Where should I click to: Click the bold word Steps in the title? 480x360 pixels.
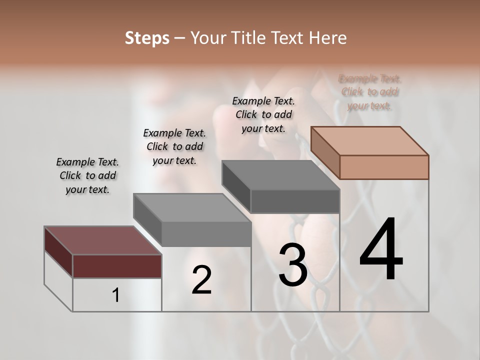[x=147, y=38]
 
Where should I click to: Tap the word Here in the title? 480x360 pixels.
[x=327, y=38]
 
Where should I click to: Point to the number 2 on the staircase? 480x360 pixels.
[x=201, y=280]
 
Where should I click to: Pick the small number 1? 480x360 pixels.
[x=116, y=295]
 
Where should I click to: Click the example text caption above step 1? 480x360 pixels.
[x=87, y=175]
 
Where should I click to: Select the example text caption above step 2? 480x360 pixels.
[x=174, y=146]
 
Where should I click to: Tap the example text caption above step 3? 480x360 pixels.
[x=263, y=114]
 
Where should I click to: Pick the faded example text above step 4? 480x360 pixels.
[x=370, y=92]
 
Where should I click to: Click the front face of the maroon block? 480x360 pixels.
[x=117, y=266]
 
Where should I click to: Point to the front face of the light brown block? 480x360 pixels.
[x=384, y=167]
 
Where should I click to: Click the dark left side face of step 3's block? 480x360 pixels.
[x=236, y=187]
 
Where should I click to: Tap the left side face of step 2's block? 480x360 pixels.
[x=147, y=220]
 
